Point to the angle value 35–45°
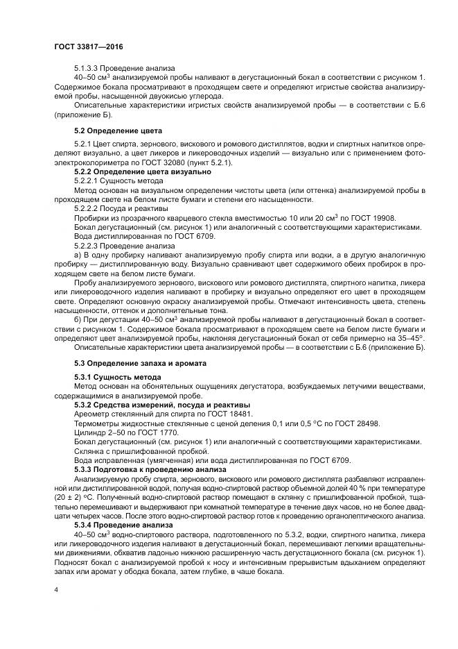tap(408, 337)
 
